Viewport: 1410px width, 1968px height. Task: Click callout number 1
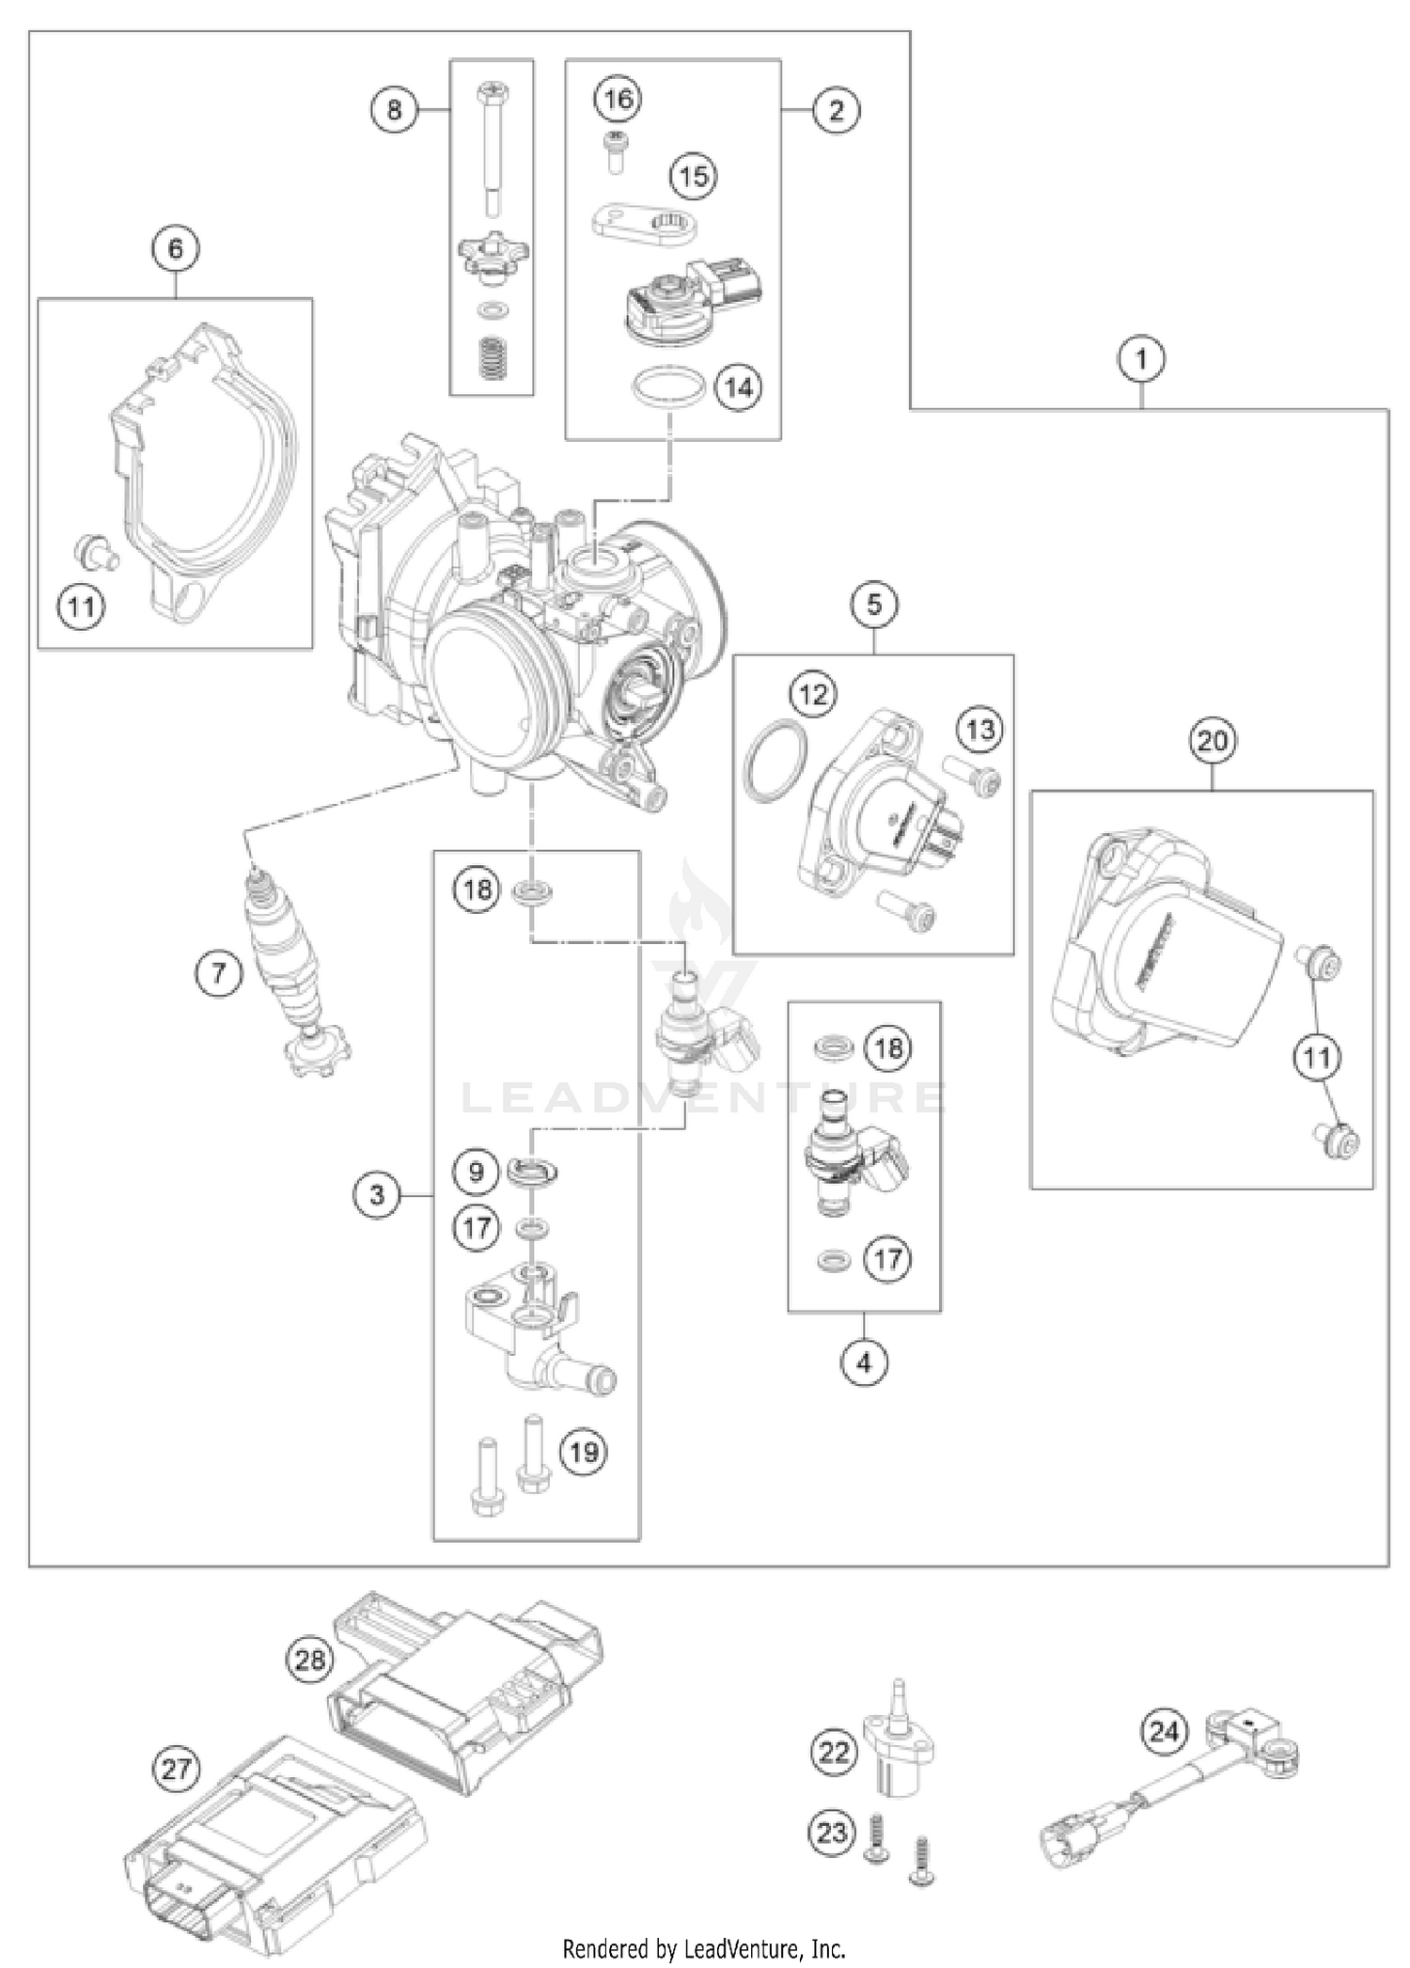pyautogui.click(x=1141, y=359)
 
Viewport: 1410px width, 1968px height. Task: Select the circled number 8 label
pyautogui.click(x=394, y=110)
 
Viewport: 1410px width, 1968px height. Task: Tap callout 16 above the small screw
pyautogui.click(x=619, y=99)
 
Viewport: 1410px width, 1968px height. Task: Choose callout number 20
pyautogui.click(x=1212, y=741)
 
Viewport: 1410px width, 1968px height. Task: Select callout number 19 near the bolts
pyautogui.click(x=584, y=1452)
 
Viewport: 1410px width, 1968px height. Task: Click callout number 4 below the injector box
pyautogui.click(x=864, y=1362)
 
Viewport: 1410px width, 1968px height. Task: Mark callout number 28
pyautogui.click(x=310, y=1660)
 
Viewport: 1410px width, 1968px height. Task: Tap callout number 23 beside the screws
pyautogui.click(x=833, y=1833)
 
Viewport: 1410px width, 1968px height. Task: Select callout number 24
pyautogui.click(x=1164, y=1730)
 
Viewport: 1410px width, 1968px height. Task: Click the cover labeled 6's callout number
pyautogui.click(x=176, y=249)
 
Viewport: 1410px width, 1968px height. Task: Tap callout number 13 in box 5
pyautogui.click(x=980, y=729)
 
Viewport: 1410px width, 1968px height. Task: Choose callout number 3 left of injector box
pyautogui.click(x=377, y=1194)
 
